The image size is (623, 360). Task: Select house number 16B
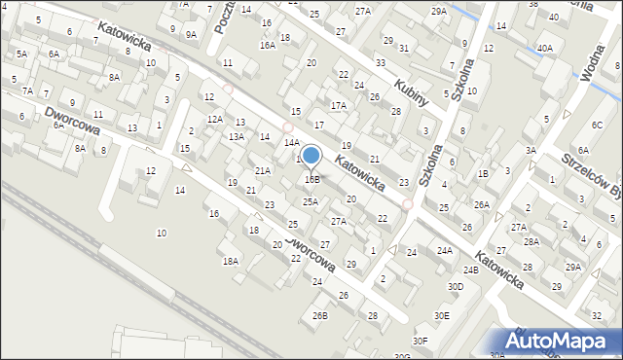click(x=311, y=179)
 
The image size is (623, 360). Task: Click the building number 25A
click(x=310, y=201)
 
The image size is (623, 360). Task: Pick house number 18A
click(x=230, y=261)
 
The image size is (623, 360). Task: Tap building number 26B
click(x=319, y=315)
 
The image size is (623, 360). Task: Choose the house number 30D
click(x=455, y=286)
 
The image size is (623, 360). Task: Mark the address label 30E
click(x=442, y=315)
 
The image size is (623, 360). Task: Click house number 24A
click(x=444, y=250)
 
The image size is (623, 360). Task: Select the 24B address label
click(x=471, y=269)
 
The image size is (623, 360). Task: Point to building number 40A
click(x=544, y=48)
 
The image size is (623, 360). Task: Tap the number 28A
click(x=531, y=241)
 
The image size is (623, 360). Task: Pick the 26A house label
click(x=481, y=204)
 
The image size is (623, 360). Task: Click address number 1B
click(x=482, y=173)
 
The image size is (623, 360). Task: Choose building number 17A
click(x=338, y=105)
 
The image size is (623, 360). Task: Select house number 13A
click(x=237, y=137)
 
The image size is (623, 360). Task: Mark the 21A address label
click(x=262, y=170)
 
